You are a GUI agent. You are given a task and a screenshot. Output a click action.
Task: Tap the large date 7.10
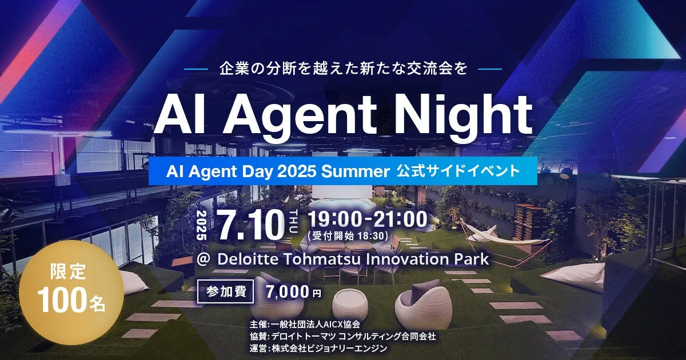coord(252,225)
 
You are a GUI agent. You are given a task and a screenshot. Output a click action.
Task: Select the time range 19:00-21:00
coord(367,219)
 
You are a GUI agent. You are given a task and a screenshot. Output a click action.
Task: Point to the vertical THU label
coord(293,222)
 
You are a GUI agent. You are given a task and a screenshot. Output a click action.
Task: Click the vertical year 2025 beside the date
coord(201,225)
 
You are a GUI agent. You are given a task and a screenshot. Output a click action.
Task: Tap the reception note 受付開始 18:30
coord(349,236)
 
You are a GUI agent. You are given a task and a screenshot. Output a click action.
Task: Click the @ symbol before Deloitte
coord(204,259)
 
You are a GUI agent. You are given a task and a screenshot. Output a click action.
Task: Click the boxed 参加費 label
coord(225,291)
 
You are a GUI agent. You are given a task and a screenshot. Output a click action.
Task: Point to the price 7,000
coord(288,292)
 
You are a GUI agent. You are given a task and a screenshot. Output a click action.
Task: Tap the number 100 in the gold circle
coord(61,301)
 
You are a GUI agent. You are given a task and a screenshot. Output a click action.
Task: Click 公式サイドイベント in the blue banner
coord(458,171)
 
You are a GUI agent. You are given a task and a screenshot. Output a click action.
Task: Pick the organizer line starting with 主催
coord(305,324)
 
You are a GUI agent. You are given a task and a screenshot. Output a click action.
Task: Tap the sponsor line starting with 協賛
coord(342,336)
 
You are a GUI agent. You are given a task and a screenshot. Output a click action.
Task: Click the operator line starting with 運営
coord(318,348)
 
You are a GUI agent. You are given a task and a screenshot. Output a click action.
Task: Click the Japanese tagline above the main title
coord(343,69)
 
